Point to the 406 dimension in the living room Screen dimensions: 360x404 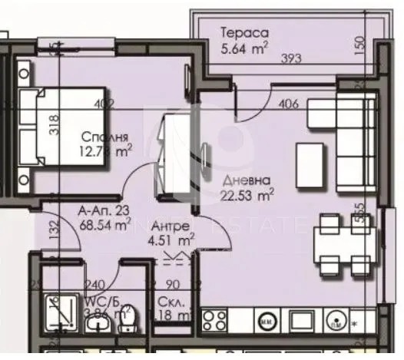[289, 104]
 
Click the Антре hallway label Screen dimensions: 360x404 [166, 227]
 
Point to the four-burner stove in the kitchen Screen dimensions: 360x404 [214, 318]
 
